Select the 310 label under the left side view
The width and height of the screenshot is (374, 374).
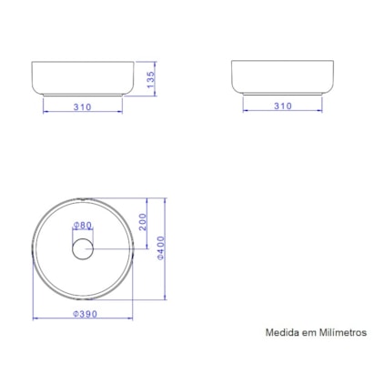point(83,106)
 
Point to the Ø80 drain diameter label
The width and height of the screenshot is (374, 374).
point(83,225)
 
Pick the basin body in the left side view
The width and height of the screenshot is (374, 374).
point(83,76)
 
